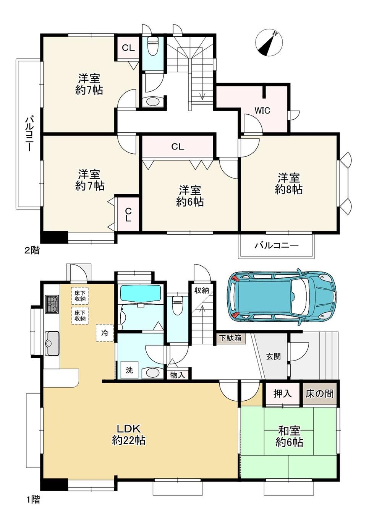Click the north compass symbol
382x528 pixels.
point(269,43)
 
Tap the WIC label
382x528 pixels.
point(262,110)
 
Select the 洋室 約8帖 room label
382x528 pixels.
point(289,184)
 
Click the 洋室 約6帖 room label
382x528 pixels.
point(190,196)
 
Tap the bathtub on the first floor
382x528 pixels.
point(141,293)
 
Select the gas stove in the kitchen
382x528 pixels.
point(52,304)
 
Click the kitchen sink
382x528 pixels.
point(52,343)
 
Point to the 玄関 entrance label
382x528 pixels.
point(274,356)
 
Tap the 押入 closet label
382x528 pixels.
point(283,393)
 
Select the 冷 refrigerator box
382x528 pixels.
point(105,333)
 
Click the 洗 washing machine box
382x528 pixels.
point(129,370)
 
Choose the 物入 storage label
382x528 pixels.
point(177,375)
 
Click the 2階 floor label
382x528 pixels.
point(32,250)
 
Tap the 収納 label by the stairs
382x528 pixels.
point(202,290)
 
